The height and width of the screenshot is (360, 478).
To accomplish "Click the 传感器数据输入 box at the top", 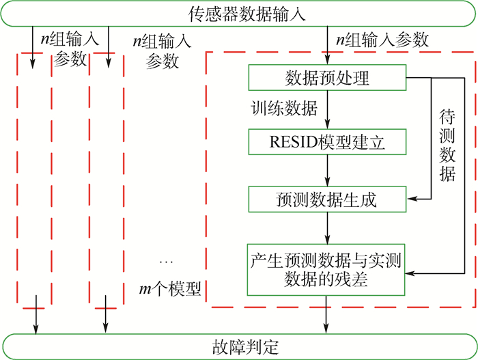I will coord(239,13).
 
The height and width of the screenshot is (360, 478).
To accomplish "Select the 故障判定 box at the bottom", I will coord(239,346).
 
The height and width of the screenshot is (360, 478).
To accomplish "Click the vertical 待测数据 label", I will coord(447,143).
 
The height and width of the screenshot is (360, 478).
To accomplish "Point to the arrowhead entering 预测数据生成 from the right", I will coord(412,199).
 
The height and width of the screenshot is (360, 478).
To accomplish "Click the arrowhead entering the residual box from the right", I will coord(412,273).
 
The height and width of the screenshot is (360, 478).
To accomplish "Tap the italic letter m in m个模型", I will coord(144,290).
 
